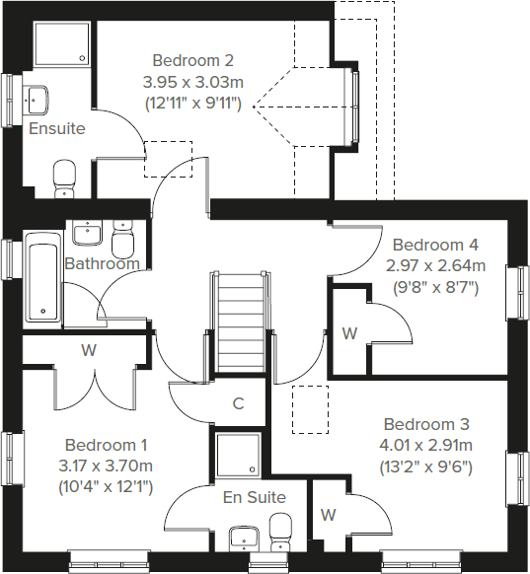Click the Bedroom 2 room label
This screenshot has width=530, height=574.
[192, 60]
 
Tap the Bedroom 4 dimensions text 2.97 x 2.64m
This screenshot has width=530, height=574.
[436, 266]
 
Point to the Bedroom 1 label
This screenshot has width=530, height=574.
[107, 444]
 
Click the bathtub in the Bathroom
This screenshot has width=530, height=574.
[42, 278]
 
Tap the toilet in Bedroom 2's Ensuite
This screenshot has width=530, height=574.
[64, 177]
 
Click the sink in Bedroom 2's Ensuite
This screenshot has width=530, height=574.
[38, 99]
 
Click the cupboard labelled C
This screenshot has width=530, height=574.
[238, 402]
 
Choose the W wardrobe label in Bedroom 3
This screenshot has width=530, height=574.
[328, 515]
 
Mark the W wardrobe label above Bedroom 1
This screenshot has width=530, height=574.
[88, 350]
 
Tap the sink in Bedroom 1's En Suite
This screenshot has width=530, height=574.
[244, 538]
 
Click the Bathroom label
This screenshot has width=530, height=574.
[102, 263]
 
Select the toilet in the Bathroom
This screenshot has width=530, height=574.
[123, 240]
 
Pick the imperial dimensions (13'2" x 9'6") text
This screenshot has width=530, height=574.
[426, 466]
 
